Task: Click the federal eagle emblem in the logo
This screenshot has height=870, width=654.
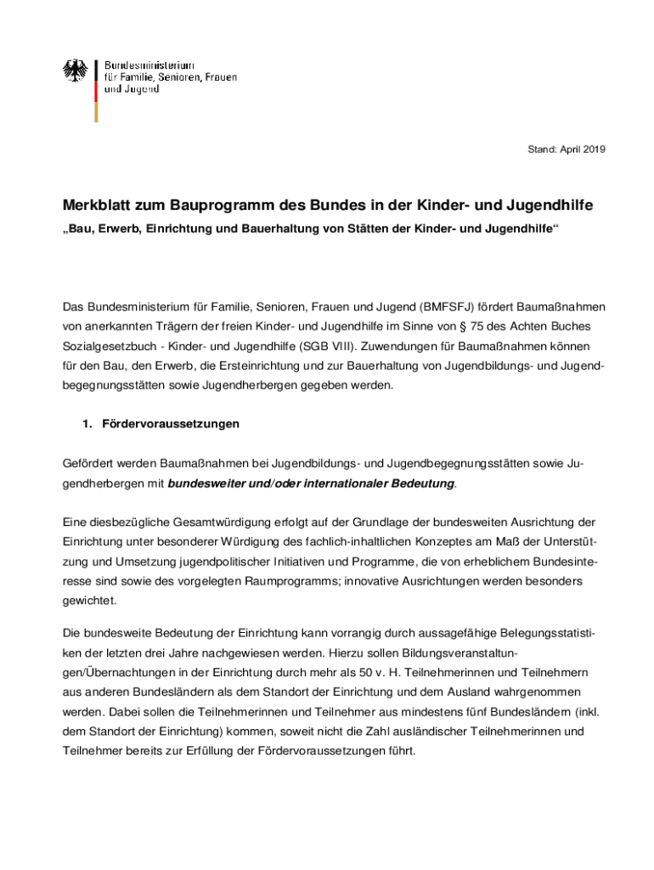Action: point(76,71)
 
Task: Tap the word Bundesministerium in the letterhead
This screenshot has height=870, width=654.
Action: point(149,65)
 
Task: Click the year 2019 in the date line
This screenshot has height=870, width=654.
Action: point(594,150)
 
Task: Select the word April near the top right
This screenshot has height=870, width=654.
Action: point(567,150)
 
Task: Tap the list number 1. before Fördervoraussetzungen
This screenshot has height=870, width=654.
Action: point(87,423)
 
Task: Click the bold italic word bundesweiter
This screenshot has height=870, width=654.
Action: point(207,483)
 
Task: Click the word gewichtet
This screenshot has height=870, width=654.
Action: point(89,600)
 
